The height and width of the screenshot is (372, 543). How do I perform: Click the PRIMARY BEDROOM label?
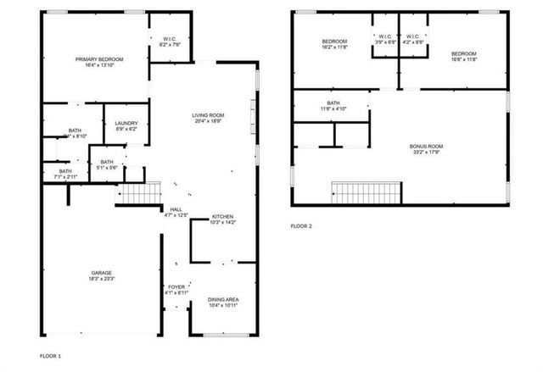pos(99,58)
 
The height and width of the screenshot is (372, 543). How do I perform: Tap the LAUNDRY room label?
pos(126,124)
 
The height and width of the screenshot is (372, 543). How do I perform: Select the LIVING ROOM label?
pos(207,114)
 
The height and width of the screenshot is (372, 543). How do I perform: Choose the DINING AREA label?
pos(224,298)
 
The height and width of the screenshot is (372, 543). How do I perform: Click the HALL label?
pos(176,208)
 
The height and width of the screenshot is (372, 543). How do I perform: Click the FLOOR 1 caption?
pos(50,355)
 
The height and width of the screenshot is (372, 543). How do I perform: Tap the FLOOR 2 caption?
pos(301,226)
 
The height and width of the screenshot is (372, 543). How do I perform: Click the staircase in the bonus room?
pos(365,192)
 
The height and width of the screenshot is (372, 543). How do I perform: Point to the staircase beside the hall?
pos(137,194)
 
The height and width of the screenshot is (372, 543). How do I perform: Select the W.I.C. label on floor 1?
pos(169,39)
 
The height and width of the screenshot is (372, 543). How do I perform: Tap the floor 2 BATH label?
pos(333,103)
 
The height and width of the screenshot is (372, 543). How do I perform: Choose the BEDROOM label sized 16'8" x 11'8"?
pos(463,54)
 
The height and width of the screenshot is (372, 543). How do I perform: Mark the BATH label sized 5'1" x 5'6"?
pos(107,162)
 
